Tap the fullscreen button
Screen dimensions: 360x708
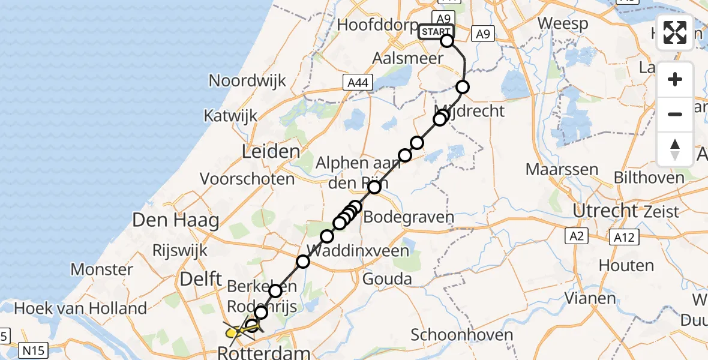675,32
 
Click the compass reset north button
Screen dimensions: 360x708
675,149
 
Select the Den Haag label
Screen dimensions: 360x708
176,220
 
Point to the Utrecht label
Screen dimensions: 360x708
605,211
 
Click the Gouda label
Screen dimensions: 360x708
387,278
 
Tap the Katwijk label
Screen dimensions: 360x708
230,115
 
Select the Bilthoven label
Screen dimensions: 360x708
649,178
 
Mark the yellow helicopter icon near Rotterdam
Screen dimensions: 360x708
235,329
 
